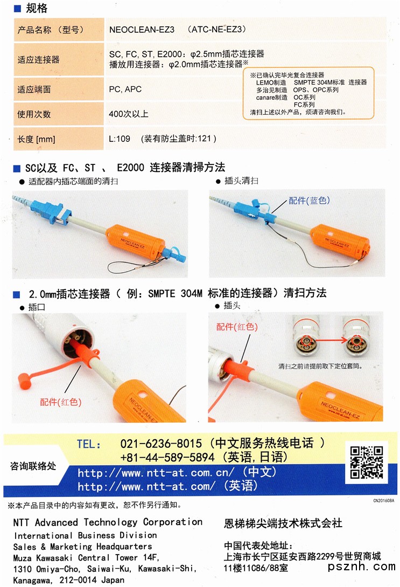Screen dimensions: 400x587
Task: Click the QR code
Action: point(367,462)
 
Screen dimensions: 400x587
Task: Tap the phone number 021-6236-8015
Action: point(161,444)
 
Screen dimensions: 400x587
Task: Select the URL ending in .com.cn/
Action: point(156,473)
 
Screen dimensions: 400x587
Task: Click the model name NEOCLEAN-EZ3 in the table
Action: point(142,30)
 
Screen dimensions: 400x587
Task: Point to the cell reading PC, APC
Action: point(125,89)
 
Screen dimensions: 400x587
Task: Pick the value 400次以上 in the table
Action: point(128,114)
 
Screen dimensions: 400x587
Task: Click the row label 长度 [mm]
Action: point(36,139)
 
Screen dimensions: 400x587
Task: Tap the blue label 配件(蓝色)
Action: point(309,201)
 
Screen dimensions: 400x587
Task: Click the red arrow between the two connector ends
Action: point(328,340)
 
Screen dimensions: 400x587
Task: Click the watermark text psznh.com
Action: point(361,567)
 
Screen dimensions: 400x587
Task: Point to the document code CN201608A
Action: point(383,500)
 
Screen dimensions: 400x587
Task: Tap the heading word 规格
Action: point(37,8)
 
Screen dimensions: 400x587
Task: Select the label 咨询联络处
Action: point(33,466)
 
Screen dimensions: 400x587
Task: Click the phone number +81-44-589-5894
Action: point(167,457)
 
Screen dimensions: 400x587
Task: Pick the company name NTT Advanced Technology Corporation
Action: point(108,522)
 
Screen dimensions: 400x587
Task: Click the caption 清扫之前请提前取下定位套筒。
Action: point(320,366)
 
